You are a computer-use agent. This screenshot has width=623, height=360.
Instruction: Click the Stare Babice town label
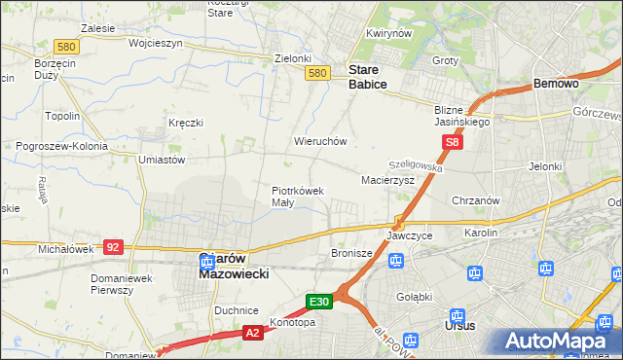(x=368, y=77)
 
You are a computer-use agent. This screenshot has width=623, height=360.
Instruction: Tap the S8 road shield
(x=452, y=143)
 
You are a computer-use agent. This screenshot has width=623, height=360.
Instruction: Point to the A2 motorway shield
(x=250, y=333)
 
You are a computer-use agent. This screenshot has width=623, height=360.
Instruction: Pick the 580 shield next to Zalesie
(x=66, y=47)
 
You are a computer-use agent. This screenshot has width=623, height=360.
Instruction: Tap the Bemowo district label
(x=557, y=85)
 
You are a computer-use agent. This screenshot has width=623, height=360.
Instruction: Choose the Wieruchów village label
(x=320, y=141)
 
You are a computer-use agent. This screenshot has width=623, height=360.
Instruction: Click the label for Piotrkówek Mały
(x=297, y=197)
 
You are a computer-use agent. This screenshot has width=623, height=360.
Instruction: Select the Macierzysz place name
(x=387, y=181)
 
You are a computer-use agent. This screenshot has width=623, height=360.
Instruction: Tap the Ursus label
(x=458, y=325)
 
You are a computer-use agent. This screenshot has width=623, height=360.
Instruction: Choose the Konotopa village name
(x=293, y=322)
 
